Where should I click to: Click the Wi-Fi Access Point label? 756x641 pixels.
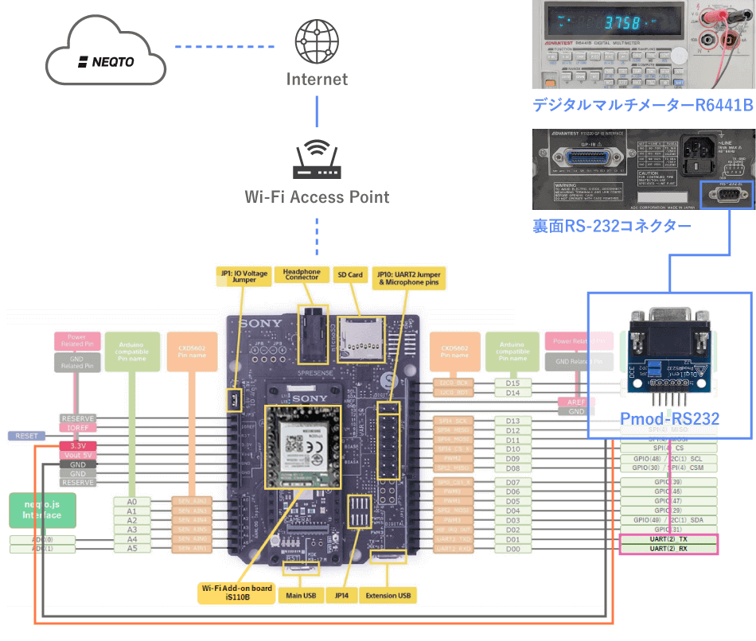point(317,196)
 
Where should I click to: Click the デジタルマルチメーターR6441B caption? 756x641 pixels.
point(642,104)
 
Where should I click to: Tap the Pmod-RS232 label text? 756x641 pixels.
point(669,418)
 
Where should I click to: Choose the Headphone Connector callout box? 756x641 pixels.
point(302,274)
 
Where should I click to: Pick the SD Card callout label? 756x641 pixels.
point(349,274)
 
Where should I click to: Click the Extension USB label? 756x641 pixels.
point(388,595)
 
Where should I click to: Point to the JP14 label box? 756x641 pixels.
point(344,595)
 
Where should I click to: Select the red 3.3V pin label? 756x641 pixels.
point(78,445)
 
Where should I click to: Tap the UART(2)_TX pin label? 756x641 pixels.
point(668,538)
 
